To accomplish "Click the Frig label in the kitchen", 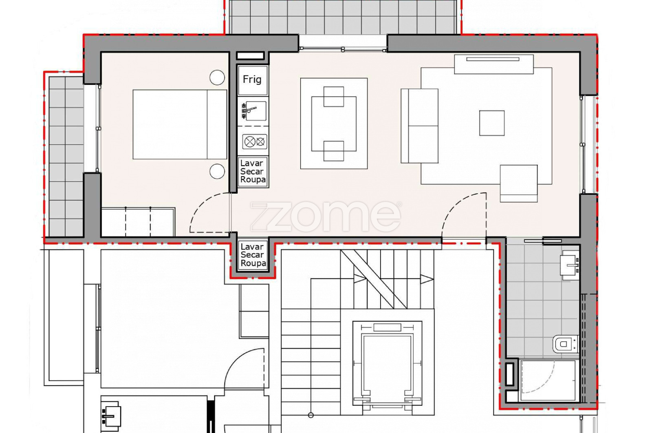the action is [252, 80].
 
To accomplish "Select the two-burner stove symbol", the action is [255, 142].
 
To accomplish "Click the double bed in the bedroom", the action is [180, 124].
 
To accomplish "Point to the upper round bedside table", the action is [217, 77].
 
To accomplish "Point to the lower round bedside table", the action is [217, 171].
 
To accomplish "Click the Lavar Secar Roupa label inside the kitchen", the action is [253, 172].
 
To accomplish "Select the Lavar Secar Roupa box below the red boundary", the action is [253, 255].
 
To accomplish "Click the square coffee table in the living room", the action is [492, 123].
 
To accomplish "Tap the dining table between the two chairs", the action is [334, 124].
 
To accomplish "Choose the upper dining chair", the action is [334, 96].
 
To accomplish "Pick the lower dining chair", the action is [334, 151].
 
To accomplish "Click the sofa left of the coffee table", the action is [419, 126].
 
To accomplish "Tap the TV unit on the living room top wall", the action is [493, 64].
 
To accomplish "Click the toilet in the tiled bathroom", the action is [565, 344].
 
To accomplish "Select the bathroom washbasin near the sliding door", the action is [570, 265].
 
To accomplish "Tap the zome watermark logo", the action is [326, 216].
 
